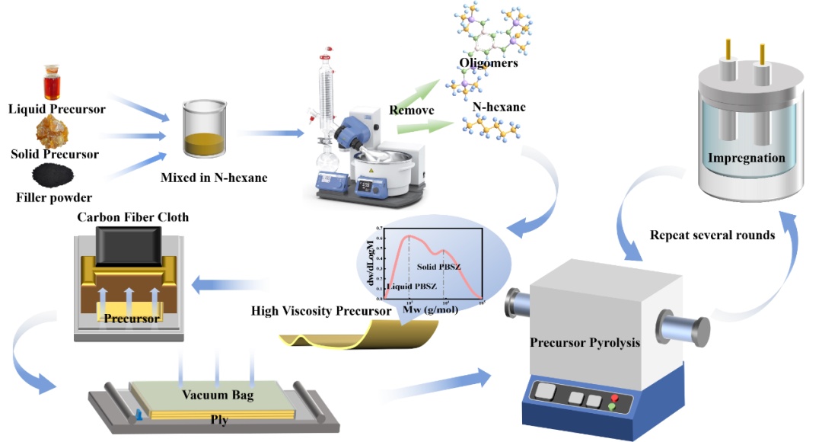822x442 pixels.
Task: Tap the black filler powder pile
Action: tap(54, 178)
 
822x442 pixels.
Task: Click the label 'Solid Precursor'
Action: tap(55, 154)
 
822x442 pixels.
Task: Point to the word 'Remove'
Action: tap(412, 110)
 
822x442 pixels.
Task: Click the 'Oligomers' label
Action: tap(489, 62)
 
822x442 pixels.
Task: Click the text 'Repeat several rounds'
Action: tap(712, 235)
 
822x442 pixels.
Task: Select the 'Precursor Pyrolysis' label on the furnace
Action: tap(585, 342)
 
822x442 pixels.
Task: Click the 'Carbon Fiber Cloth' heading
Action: tap(132, 217)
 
